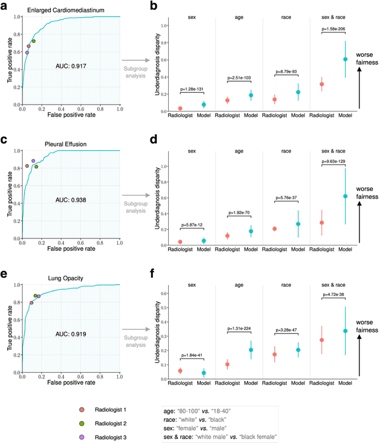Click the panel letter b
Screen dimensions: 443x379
pyautogui.click(x=153, y=7)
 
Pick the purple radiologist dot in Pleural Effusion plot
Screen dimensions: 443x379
pyautogui.click(x=33, y=161)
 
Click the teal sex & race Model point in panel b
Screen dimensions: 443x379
pyautogui.click(x=345, y=59)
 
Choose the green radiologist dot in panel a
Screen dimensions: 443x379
pyautogui.click(x=34, y=41)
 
